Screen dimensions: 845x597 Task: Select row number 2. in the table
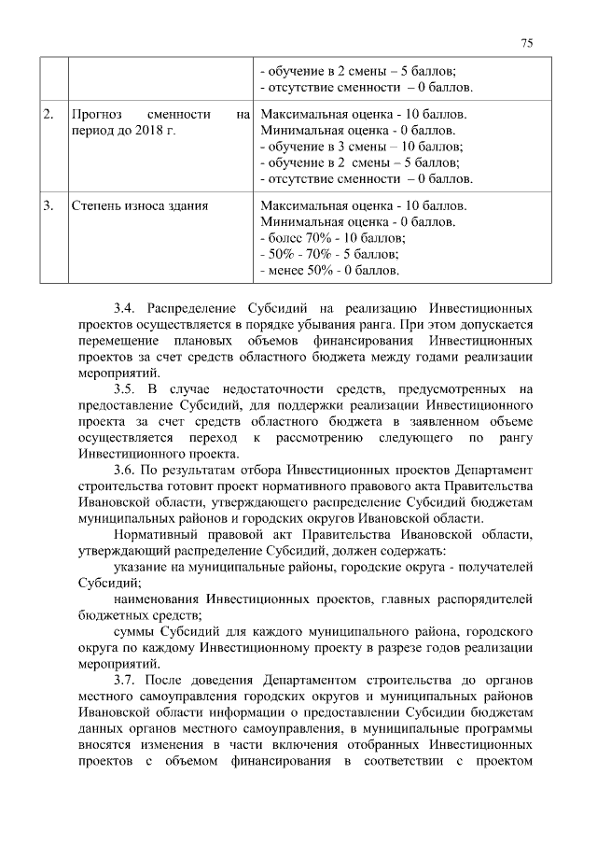(49, 114)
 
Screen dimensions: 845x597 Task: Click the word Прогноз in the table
(97, 114)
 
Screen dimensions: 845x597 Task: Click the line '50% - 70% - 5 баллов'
(329, 254)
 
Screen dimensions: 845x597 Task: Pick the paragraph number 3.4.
(125, 306)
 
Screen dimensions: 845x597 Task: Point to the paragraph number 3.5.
(125, 388)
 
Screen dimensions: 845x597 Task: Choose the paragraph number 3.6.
(125, 470)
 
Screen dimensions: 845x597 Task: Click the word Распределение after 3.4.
(197, 306)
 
